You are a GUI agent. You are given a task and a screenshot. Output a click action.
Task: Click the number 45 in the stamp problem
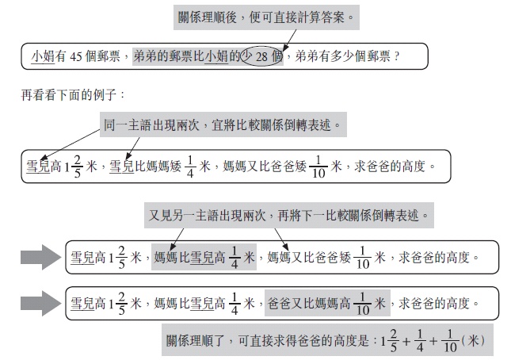click(75, 57)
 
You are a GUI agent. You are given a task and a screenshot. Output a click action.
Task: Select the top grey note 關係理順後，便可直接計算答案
click(266, 17)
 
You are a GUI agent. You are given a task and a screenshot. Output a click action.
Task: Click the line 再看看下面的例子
click(72, 95)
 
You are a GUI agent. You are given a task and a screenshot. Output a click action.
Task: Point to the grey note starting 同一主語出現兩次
click(223, 125)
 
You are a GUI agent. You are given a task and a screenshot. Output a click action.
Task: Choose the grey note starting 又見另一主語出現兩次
click(288, 215)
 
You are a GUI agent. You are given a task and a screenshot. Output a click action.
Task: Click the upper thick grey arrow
click(40, 257)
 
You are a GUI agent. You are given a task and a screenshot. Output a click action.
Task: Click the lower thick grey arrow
click(40, 303)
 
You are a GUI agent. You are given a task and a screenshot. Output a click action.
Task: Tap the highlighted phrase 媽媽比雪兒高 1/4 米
click(204, 257)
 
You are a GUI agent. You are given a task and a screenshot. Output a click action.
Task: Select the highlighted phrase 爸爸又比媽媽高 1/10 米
click(327, 303)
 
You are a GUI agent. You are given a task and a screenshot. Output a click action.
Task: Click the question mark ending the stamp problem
click(396, 57)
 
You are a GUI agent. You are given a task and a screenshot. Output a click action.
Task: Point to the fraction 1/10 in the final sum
click(450, 341)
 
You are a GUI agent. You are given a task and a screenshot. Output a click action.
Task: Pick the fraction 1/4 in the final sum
click(420, 341)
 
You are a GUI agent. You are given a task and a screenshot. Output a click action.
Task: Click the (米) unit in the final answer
click(473, 341)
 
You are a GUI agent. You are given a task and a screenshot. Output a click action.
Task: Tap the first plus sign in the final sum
click(406, 342)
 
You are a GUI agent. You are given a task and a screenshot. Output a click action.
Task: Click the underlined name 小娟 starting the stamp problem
click(43, 57)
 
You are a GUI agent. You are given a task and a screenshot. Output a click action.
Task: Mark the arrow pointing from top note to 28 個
click(289, 40)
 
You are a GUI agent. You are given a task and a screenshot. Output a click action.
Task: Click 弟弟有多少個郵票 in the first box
click(342, 56)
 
